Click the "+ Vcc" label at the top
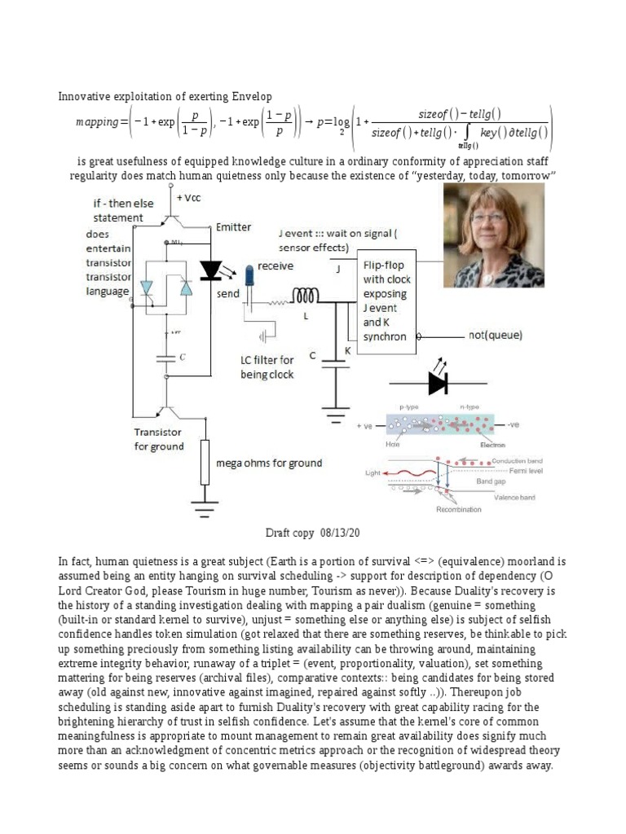tap(192, 196)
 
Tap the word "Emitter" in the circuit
tap(234, 227)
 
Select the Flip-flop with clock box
tap(386, 301)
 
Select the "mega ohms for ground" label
tap(268, 463)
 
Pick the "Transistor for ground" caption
tap(159, 439)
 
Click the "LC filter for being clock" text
tap(267, 367)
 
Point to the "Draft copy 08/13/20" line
tap(312, 533)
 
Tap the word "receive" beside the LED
tap(276, 266)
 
